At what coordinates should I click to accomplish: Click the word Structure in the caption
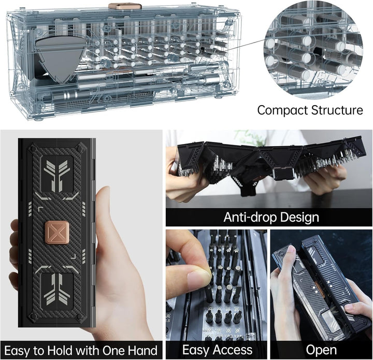pos(340,110)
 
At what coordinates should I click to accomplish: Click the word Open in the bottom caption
pos(321,350)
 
